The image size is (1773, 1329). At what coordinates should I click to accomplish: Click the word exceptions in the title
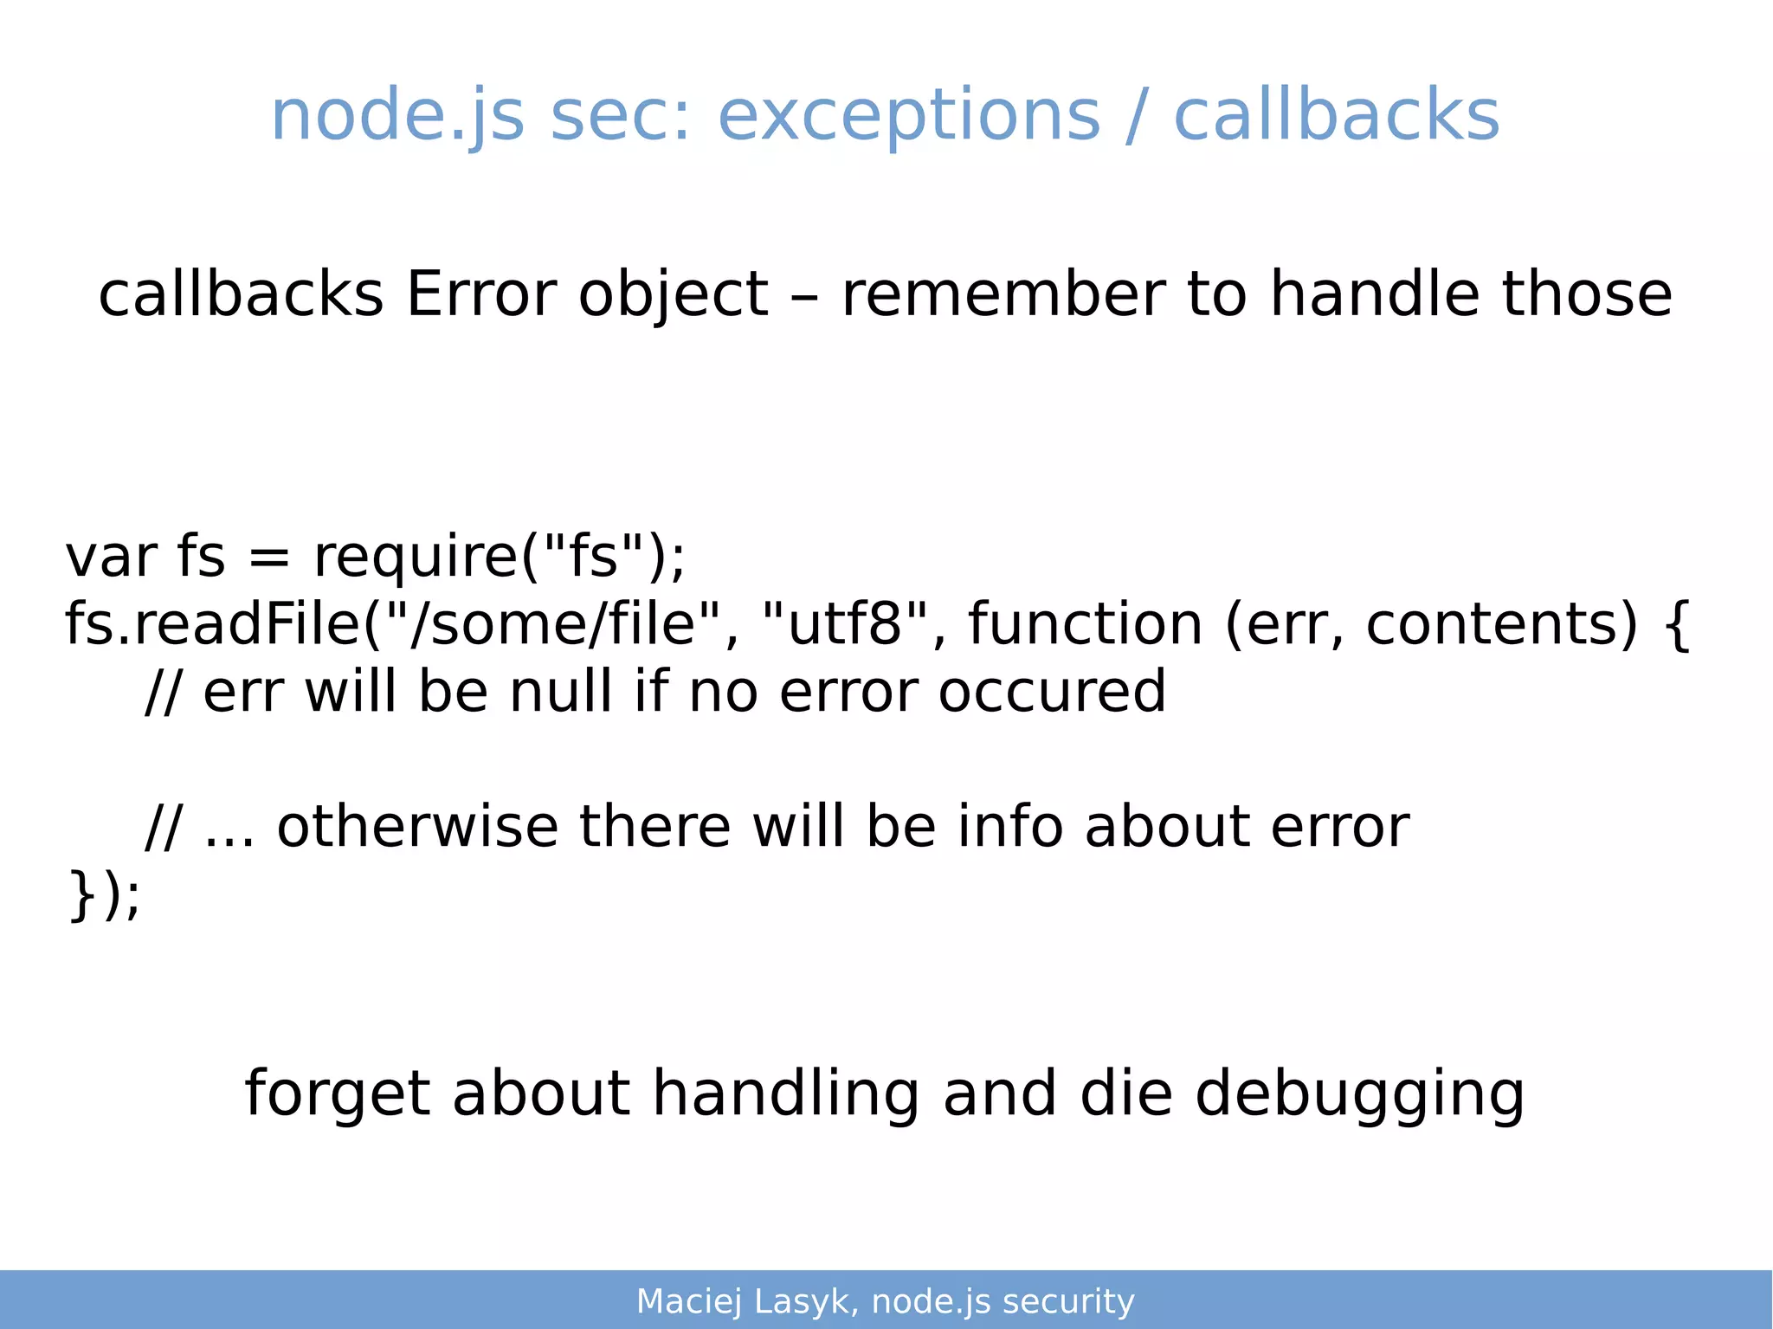pyautogui.click(x=909, y=117)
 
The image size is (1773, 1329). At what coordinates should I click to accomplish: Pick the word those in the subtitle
pyautogui.click(x=1586, y=294)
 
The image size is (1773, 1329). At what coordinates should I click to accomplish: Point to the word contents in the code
pyautogui.click(x=1501, y=624)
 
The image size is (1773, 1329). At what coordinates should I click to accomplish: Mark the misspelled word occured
pyautogui.click(x=1052, y=692)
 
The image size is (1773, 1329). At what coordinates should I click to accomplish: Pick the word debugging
pyautogui.click(x=1359, y=1094)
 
